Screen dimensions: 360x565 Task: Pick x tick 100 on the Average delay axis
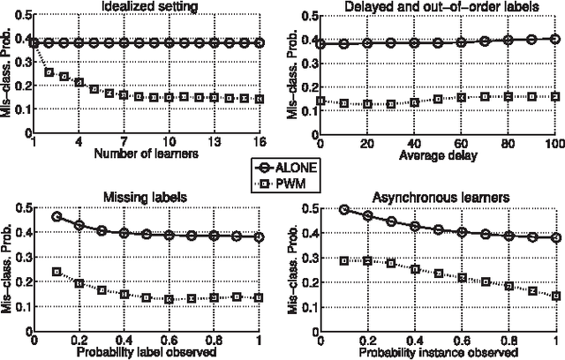[553, 142]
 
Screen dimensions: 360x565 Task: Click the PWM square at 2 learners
[49, 72]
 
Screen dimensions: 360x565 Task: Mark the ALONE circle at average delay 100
[554, 39]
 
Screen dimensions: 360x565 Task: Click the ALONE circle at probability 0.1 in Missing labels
[56, 216]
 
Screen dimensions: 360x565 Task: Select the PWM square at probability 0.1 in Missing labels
[56, 272]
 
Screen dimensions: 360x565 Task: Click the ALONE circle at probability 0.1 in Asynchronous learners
[344, 210]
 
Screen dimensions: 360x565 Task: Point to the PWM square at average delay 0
[320, 101]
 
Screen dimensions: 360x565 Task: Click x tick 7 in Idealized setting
[124, 142]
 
